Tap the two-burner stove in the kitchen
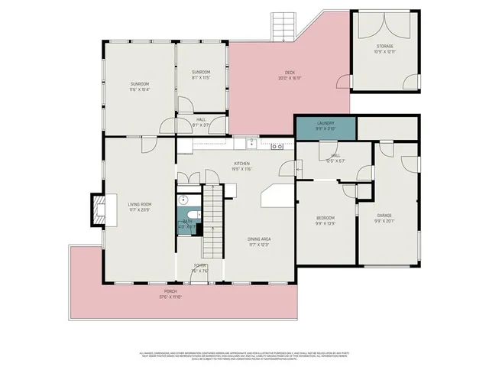(x=277, y=145)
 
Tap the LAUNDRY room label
(x=325, y=124)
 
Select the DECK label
(x=290, y=73)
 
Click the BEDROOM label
(x=326, y=219)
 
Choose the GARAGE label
(x=384, y=216)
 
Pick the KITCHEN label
(x=242, y=163)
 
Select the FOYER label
(x=200, y=265)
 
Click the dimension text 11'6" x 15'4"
(x=139, y=89)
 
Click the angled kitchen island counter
(x=277, y=196)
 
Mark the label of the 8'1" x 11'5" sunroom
(x=201, y=72)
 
